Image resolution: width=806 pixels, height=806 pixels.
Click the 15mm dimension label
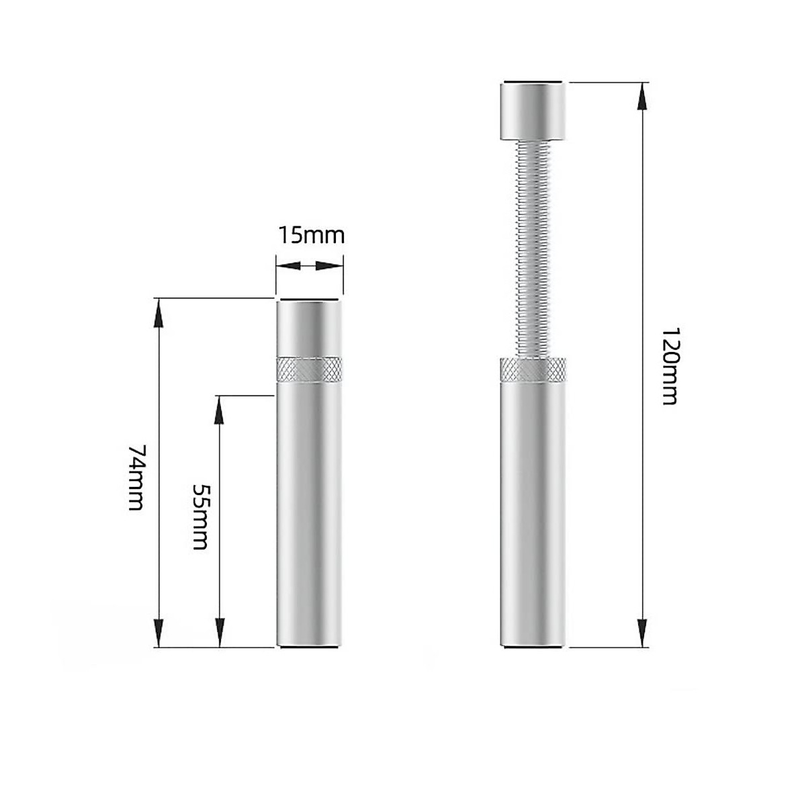click(x=311, y=236)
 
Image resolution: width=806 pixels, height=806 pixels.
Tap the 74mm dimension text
click(x=137, y=478)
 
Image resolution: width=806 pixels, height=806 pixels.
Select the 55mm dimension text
click(x=200, y=517)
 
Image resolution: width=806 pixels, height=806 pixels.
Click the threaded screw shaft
click(x=533, y=249)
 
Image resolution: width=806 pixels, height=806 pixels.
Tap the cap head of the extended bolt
click(x=533, y=110)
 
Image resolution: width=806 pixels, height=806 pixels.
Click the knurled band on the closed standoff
click(x=309, y=369)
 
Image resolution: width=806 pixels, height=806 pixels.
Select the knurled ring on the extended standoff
click(x=533, y=369)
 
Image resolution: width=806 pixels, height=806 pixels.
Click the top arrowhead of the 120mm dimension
click(x=642, y=96)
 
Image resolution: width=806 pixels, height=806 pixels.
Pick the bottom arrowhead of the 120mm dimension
click(x=642, y=633)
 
